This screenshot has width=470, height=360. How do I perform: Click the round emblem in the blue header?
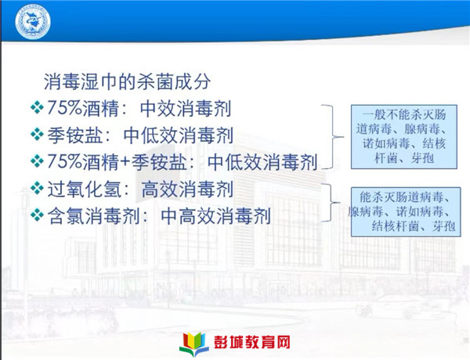[x=33, y=22]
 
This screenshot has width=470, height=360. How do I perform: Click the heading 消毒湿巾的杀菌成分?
[x=127, y=81]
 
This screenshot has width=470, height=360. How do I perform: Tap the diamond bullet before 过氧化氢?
[x=37, y=189]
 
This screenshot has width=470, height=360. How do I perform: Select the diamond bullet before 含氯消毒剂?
[x=37, y=214]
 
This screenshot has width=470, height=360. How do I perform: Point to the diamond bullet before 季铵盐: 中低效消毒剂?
[x=37, y=134]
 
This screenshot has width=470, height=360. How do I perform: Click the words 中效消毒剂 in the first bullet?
[x=186, y=108]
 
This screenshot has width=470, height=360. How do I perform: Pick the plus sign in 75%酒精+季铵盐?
[x=125, y=163]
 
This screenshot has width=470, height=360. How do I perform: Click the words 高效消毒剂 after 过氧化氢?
[x=187, y=189]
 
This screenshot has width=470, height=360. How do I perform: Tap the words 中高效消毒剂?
[x=216, y=216]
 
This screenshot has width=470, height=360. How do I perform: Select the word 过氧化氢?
[x=85, y=189]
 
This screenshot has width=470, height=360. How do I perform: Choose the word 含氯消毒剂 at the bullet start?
[x=93, y=216]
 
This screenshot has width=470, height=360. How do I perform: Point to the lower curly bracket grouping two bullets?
[x=331, y=203]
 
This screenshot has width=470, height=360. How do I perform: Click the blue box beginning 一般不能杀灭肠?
[x=404, y=137]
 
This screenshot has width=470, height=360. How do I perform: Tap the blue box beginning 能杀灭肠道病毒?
[x=406, y=212]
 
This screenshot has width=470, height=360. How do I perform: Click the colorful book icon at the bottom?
[x=194, y=344]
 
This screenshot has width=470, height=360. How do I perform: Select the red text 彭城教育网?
[x=252, y=342]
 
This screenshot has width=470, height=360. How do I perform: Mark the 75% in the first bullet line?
[x=65, y=108]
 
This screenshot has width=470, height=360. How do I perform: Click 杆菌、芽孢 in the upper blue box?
[x=404, y=158]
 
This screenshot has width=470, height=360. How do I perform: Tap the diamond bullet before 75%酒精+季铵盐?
[x=37, y=161]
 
